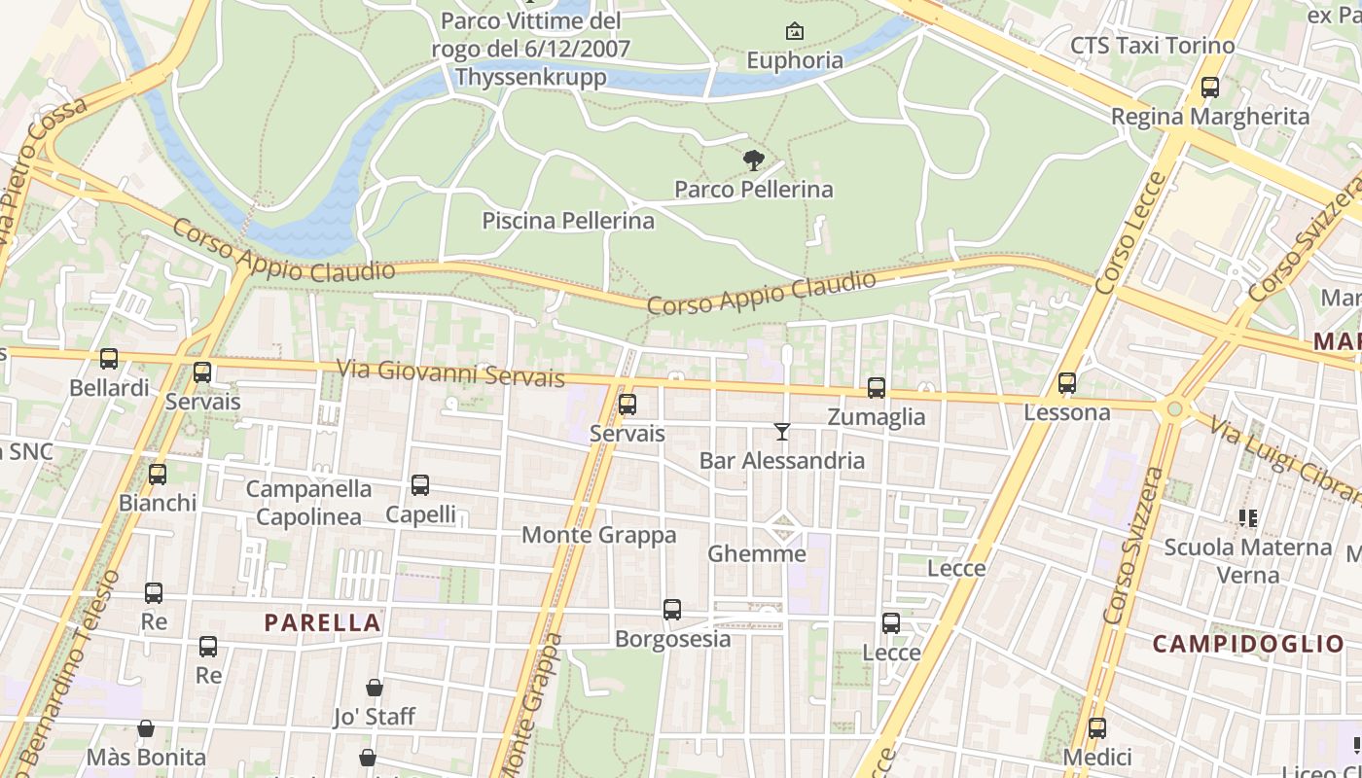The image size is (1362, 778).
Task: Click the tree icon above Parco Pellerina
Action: pyautogui.click(x=753, y=160)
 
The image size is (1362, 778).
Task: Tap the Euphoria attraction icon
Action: pyautogui.click(x=795, y=32)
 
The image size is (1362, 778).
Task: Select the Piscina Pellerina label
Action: pyautogui.click(x=568, y=221)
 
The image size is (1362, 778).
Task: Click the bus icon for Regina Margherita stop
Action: pyautogui.click(x=1210, y=88)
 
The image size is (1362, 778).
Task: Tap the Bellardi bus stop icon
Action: pyautogui.click(x=109, y=359)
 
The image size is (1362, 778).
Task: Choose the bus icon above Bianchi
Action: pyautogui.click(x=158, y=475)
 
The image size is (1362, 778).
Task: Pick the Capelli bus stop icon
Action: pyautogui.click(x=420, y=485)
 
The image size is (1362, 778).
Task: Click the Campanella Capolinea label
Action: pyautogui.click(x=308, y=503)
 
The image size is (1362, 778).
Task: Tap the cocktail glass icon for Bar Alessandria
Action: pyautogui.click(x=781, y=431)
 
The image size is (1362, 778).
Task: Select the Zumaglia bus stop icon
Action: pyautogui.click(x=877, y=388)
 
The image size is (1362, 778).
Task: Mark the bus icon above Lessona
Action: pyautogui.click(x=1067, y=383)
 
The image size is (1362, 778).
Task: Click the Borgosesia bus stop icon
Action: pyautogui.click(x=672, y=610)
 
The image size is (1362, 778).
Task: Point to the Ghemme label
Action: pyautogui.click(x=757, y=554)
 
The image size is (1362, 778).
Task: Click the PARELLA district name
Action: pyautogui.click(x=323, y=622)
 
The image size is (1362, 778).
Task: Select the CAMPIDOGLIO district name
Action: pyautogui.click(x=1248, y=644)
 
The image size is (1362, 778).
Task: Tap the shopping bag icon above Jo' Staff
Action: pyautogui.click(x=375, y=688)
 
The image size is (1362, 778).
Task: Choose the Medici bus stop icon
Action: pyautogui.click(x=1097, y=728)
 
